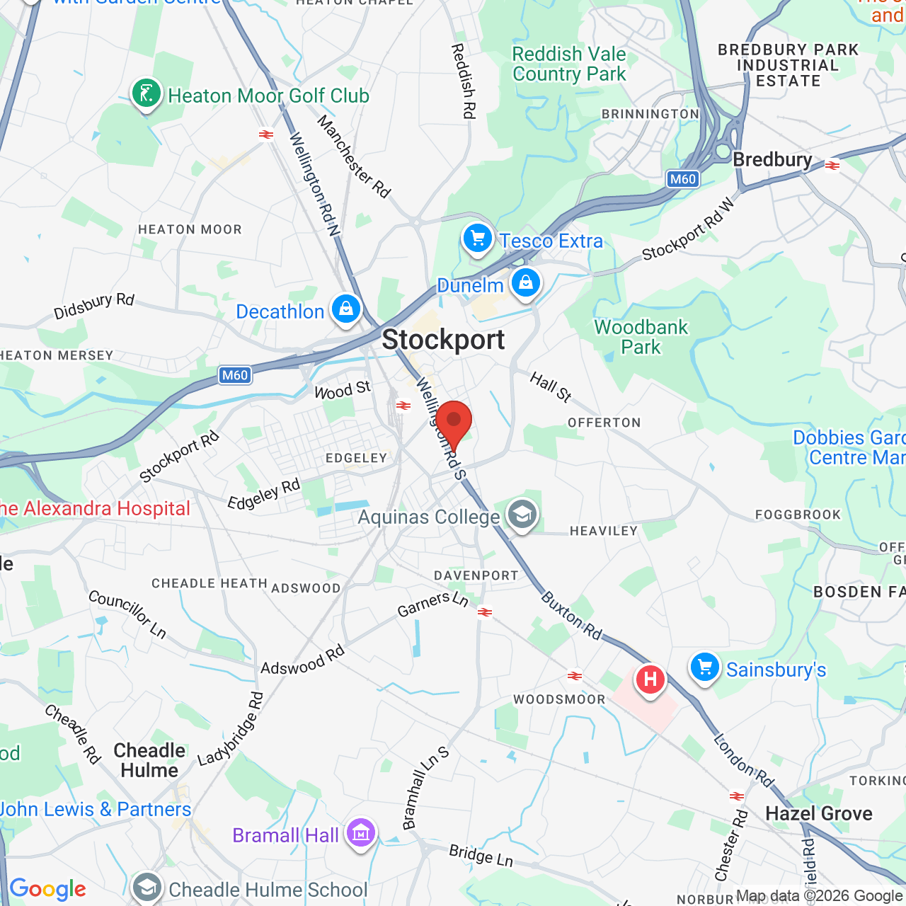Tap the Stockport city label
443,340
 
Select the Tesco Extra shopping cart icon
478,239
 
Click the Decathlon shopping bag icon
346,309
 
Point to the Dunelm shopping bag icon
525,283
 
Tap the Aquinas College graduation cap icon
522,515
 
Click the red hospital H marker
650,680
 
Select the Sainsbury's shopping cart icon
705,667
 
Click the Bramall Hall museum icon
360,834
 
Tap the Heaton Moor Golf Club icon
147,93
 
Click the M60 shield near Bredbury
683,179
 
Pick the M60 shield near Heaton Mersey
235,375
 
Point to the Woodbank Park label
641,337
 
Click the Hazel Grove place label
819,814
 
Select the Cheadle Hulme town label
149,760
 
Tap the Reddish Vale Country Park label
569,64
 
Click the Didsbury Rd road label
94,305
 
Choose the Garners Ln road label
433,604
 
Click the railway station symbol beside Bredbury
832,166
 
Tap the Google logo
48,889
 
